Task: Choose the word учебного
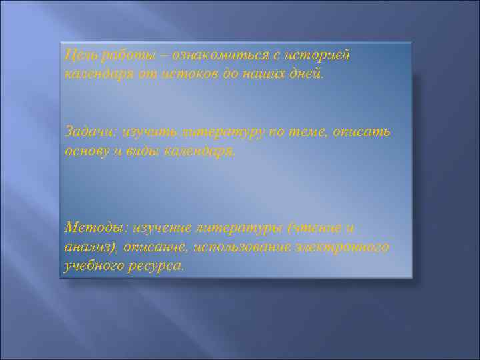pyautogui.click(x=93, y=266)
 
